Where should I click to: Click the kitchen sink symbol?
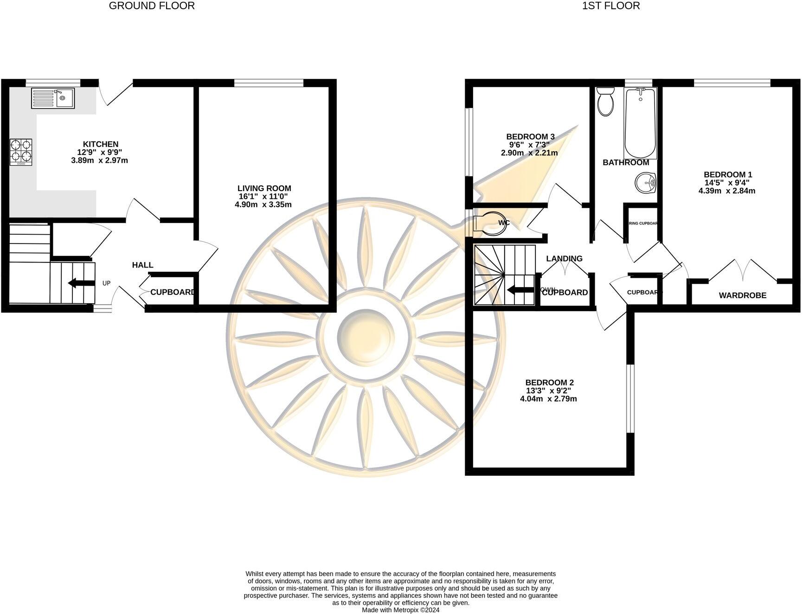(x=52, y=98)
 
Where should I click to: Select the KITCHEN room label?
(x=101, y=144)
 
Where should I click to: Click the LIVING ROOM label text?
(x=264, y=188)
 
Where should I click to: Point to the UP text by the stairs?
(x=106, y=283)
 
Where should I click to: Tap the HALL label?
(x=142, y=265)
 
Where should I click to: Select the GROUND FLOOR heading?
(x=152, y=6)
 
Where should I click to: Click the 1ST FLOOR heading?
(x=611, y=6)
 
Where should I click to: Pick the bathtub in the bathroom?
(x=640, y=123)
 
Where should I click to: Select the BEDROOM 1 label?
(x=727, y=174)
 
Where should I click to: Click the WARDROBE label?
(x=742, y=295)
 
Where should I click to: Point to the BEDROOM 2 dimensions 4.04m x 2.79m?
(x=548, y=398)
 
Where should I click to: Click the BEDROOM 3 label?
(x=530, y=136)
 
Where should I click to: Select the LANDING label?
(x=564, y=258)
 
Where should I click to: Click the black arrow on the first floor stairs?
(x=520, y=290)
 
